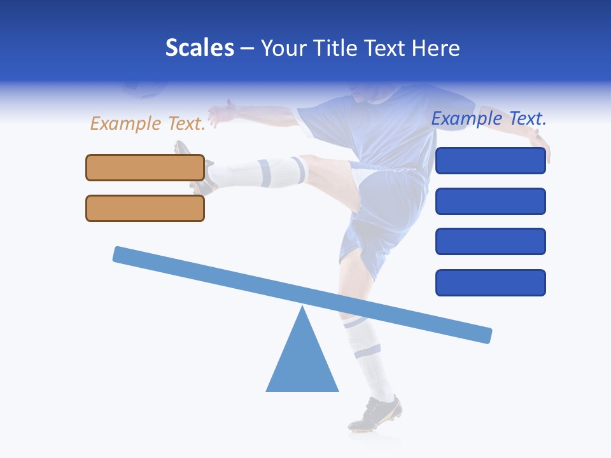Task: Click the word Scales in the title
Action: [x=199, y=48]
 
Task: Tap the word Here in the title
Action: [x=435, y=48]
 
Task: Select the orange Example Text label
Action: [x=148, y=123]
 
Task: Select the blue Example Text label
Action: [x=489, y=118]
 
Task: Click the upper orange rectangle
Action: [x=145, y=167]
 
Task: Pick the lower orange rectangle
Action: [x=145, y=208]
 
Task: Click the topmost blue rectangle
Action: [x=491, y=161]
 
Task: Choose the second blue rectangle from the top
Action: [x=491, y=201]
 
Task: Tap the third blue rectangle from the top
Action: [x=491, y=241]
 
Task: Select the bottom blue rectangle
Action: [x=491, y=282]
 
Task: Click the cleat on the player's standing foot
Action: [x=376, y=413]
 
